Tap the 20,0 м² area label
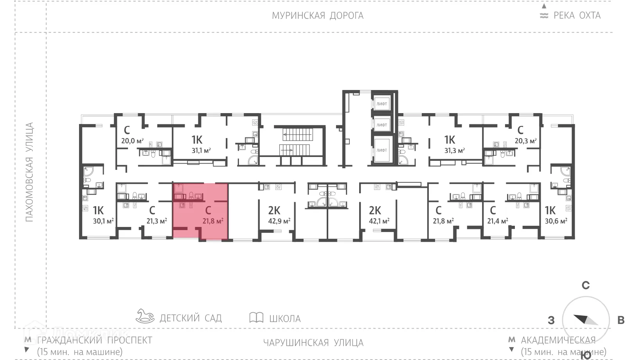pos(132,141)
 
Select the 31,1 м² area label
pos(201,150)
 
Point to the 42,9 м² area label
pos(279,221)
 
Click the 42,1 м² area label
pos(379,221)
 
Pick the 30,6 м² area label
pos(556,221)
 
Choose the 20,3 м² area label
pos(525,141)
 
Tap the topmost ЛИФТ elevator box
pos(381,104)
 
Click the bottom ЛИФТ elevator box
pos(381,150)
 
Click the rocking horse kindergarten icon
pos(145,316)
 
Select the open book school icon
pos(256,317)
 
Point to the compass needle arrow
pos(585,320)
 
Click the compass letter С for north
pos(585,285)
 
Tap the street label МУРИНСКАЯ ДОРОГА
pos(317,16)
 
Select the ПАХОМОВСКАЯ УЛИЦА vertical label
pos(29,172)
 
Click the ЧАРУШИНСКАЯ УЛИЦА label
pos(313,343)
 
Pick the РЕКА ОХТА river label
pos(577,16)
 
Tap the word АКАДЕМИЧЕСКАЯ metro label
pos(558,340)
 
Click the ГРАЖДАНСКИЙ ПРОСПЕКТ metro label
pos(94,340)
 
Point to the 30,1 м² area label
pos(103,221)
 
